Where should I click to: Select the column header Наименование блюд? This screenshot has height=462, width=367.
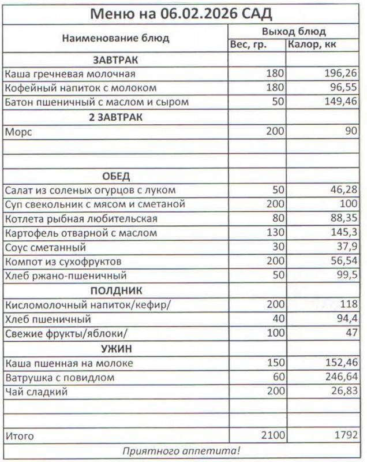[115, 39]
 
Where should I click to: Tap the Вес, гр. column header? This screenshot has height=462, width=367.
[248, 45]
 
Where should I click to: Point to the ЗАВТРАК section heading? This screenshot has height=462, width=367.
[115, 60]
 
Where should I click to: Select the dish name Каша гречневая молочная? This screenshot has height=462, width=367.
[70, 74]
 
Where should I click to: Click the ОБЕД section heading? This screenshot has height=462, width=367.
[115, 176]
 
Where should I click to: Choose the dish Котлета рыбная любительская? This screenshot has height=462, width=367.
[81, 219]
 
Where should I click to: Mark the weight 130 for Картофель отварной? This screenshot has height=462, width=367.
[275, 233]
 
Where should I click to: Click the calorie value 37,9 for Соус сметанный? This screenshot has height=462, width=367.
[347, 248]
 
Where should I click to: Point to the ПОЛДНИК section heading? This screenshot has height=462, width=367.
[115, 290]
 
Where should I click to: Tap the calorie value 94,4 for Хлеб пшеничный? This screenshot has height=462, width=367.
[347, 319]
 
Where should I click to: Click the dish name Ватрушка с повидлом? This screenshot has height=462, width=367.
[59, 378]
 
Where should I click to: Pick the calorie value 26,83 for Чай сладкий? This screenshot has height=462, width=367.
[343, 392]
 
